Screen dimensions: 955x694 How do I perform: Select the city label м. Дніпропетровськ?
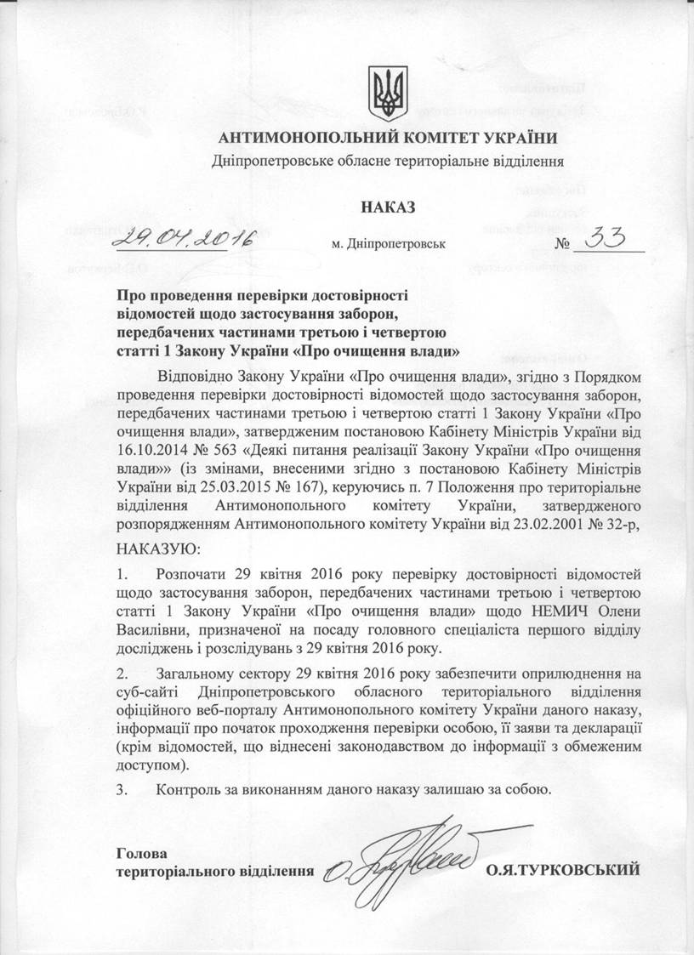point(389,245)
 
